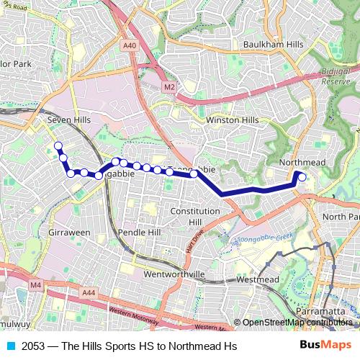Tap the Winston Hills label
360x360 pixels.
232,120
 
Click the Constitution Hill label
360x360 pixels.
195,216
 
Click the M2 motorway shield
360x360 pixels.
169,87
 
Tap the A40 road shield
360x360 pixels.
130,45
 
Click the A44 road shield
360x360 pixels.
89,292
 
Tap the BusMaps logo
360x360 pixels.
325,346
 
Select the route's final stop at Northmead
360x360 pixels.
302,177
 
